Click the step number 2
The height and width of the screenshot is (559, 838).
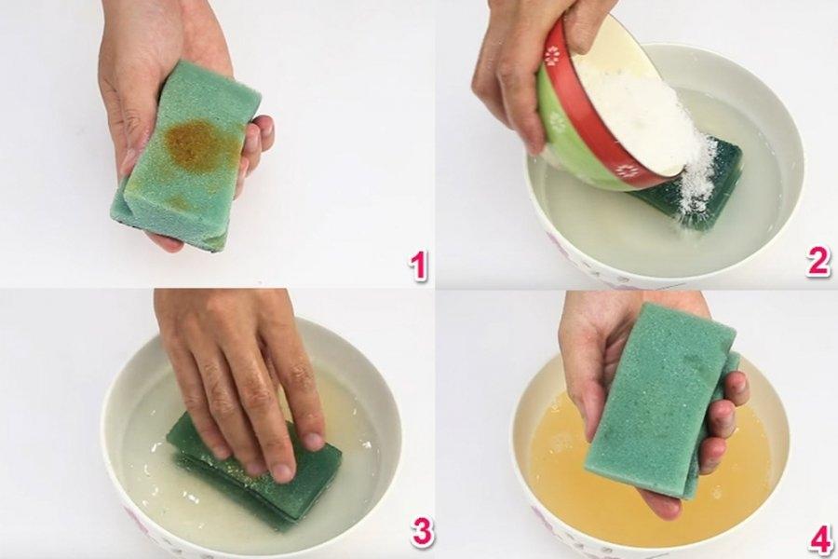click(818, 262)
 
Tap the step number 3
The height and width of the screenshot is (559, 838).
click(422, 531)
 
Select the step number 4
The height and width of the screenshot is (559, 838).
click(819, 538)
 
